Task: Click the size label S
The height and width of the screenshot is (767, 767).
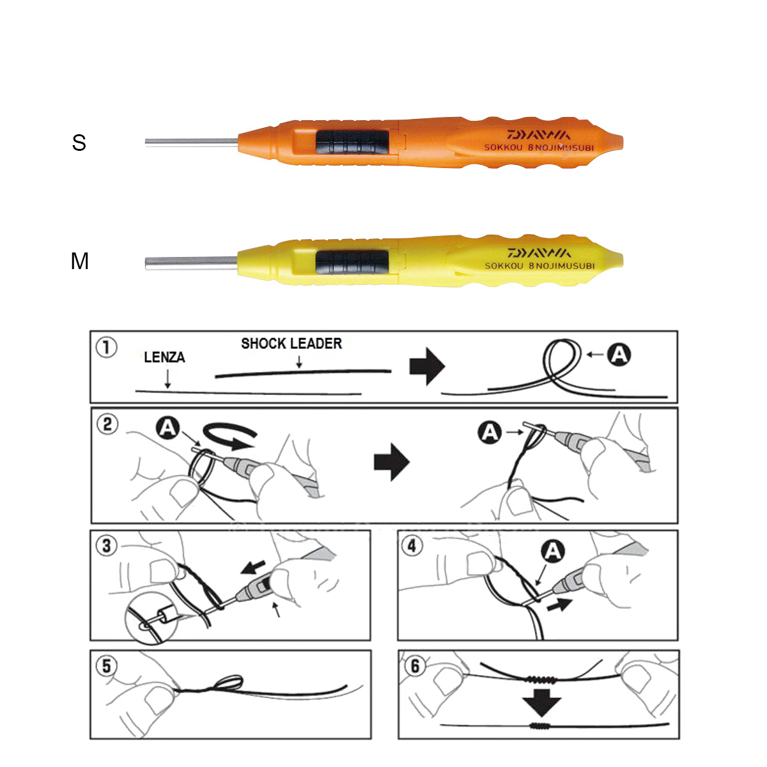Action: pos(79,143)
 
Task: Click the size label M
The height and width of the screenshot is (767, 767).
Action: pos(80,261)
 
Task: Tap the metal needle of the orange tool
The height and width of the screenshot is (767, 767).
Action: pos(192,143)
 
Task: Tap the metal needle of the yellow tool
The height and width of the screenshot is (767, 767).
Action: pos(192,263)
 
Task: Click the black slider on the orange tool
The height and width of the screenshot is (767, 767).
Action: pos(352,142)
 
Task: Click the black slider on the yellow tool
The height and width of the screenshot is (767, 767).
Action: pos(352,262)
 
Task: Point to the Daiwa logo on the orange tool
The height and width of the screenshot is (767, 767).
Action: pos(539,134)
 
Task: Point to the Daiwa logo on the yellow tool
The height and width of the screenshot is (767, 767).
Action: pos(539,252)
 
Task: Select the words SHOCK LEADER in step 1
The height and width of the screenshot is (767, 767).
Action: pos(291,343)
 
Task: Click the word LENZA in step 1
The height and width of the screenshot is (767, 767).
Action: pos(164,357)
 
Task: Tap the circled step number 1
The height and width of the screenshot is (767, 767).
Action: pos(107,348)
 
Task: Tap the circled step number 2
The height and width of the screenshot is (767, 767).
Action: pos(107,424)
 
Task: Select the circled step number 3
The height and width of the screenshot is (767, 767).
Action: pos(107,546)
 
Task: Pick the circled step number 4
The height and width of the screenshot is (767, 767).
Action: pos(412,546)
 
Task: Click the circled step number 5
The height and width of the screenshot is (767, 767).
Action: pos(107,666)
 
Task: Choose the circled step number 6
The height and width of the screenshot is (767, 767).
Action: pos(415,666)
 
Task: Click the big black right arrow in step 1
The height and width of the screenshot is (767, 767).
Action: pos(427,367)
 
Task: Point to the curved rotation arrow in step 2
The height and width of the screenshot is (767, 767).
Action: pos(229,437)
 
